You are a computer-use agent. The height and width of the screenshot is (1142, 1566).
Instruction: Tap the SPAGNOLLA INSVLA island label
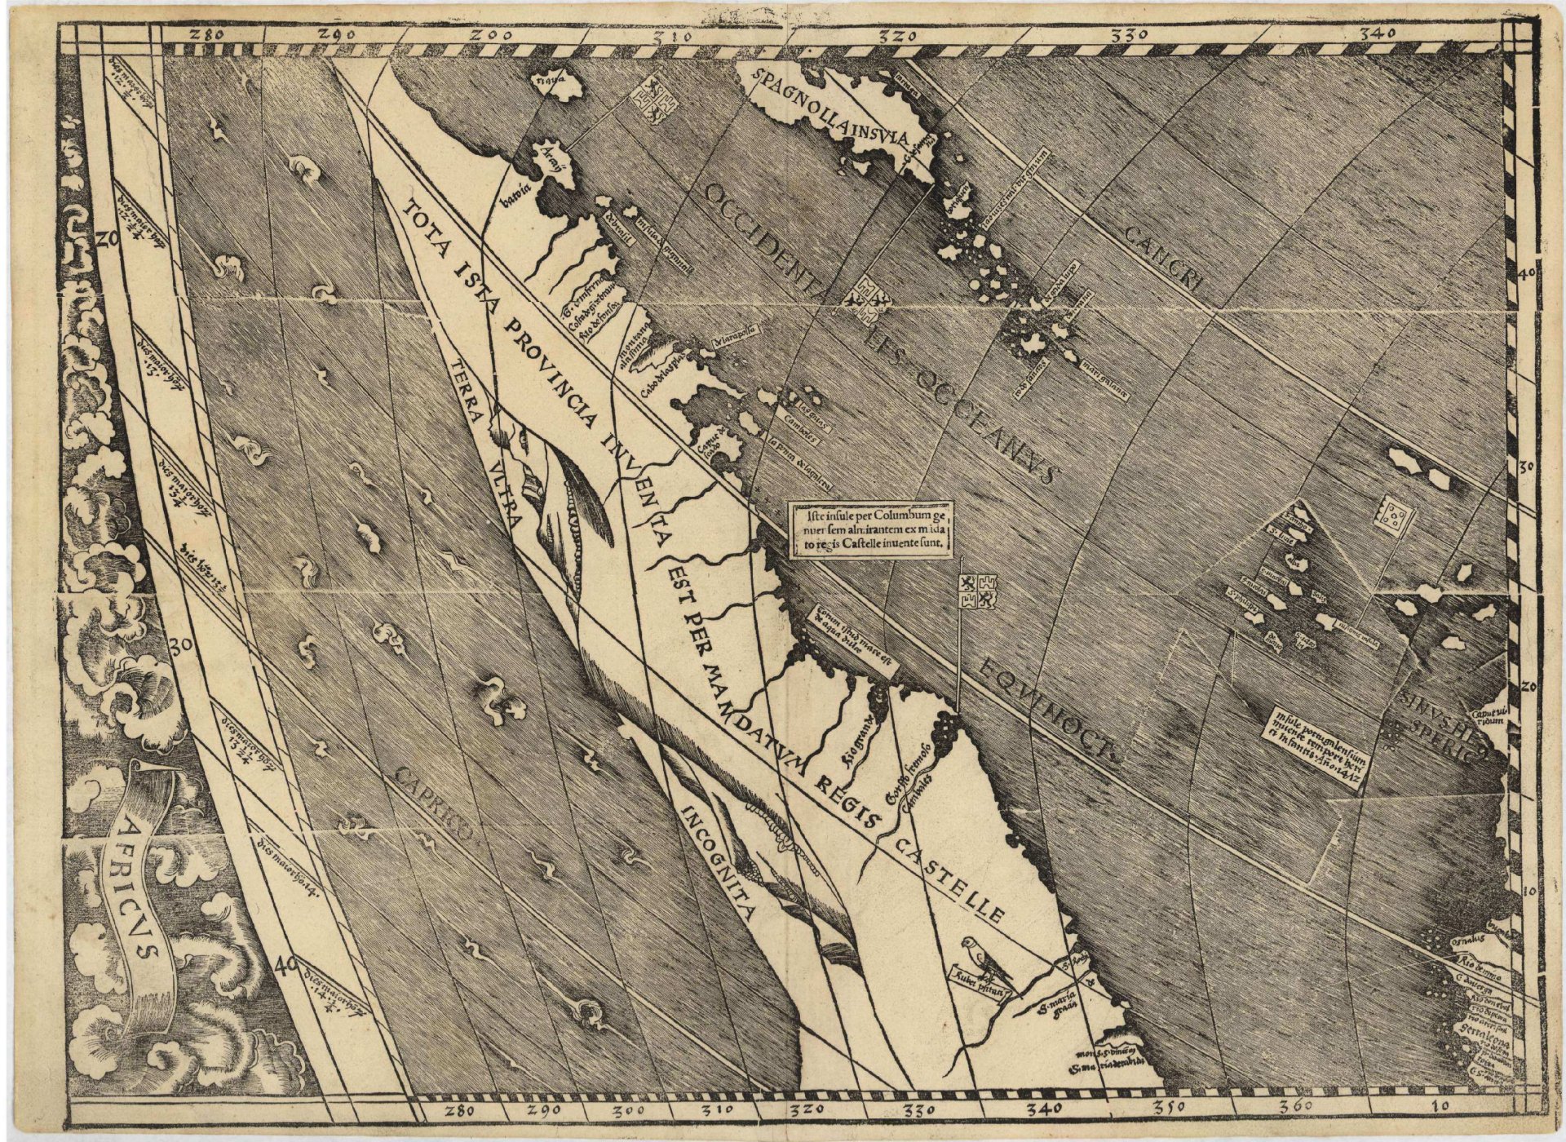point(832,114)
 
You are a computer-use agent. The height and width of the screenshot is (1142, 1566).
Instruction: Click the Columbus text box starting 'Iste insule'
point(869,531)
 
